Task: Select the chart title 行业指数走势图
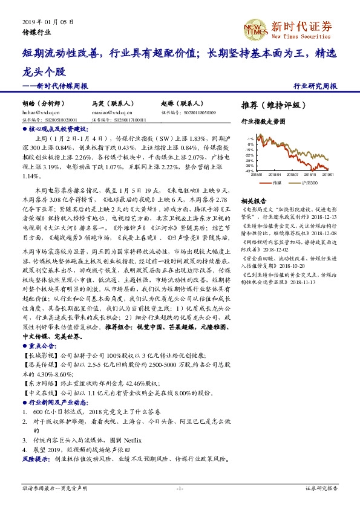263,122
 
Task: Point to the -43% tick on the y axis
249,171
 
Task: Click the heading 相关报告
254,201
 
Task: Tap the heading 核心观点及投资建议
58,129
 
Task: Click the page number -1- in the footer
180,487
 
